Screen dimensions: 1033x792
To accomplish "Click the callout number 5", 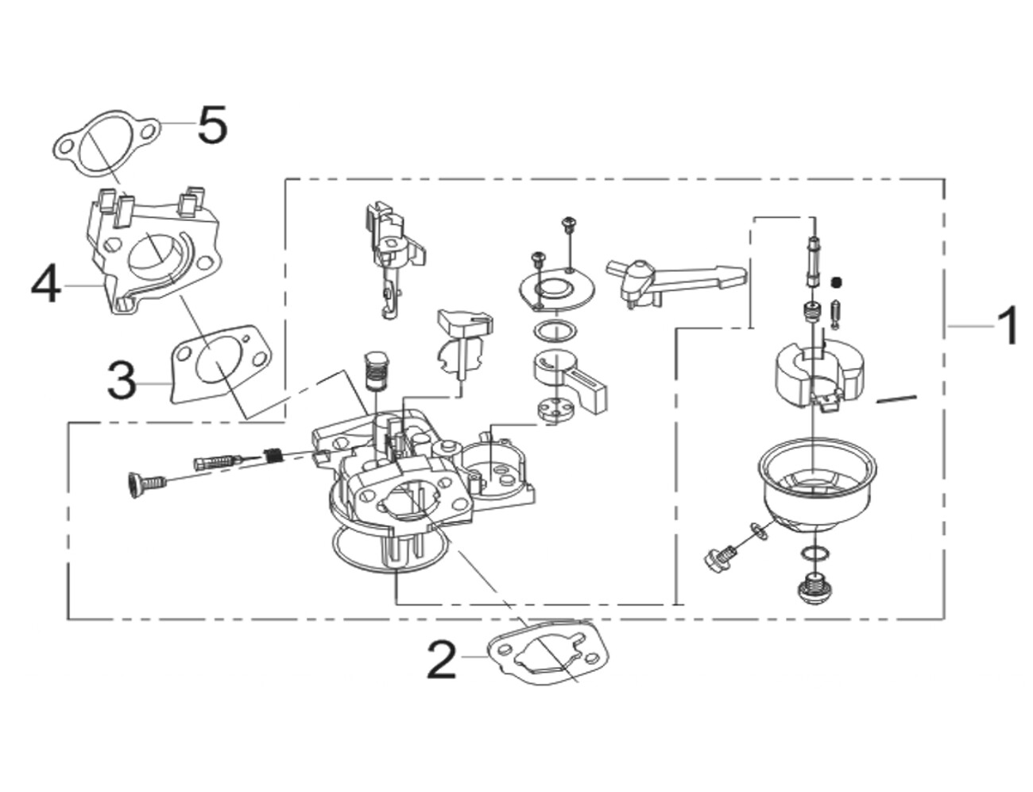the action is coord(212,124).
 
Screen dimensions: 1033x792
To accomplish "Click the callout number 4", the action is coord(46,286).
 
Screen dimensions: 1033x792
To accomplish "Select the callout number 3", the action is coord(122,379).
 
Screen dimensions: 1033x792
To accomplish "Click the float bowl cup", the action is coord(817,491).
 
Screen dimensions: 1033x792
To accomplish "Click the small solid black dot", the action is coord(836,282).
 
